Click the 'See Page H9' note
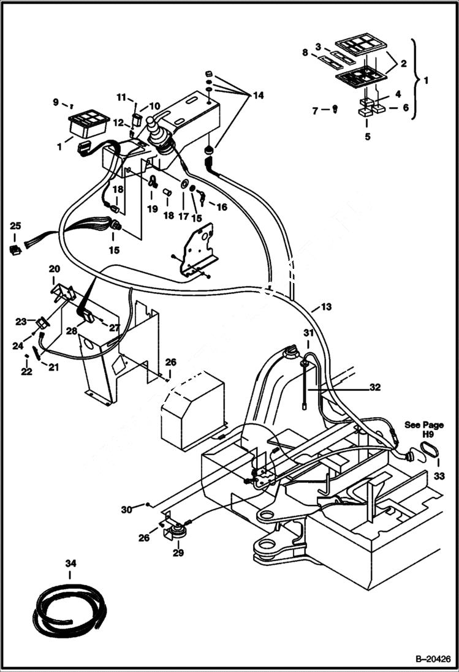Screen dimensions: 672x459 click(423, 429)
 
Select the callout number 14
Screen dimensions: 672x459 click(257, 96)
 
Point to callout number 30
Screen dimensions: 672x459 click(126, 510)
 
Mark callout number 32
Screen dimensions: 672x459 click(375, 387)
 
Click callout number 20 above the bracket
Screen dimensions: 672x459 click(55, 269)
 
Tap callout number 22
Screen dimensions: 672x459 click(26, 372)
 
